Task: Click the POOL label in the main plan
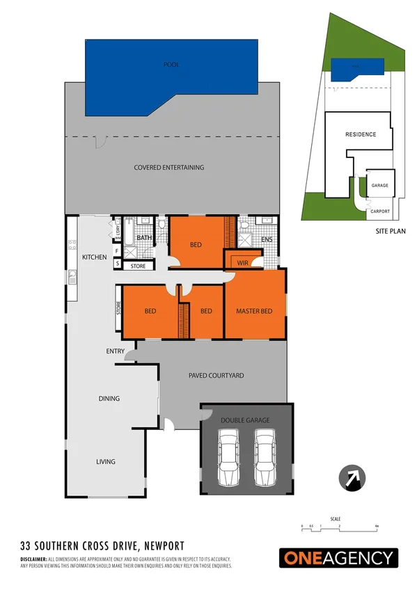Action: pos(171,65)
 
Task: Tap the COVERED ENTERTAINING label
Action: pos(169,167)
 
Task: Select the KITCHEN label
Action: pos(95,257)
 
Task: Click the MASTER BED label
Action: pos(254,311)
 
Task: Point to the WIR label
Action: pos(243,263)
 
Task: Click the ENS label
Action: pos(267,240)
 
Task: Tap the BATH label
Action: pos(145,239)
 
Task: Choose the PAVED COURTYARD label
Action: pos(216,376)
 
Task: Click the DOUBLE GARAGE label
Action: pos(244,420)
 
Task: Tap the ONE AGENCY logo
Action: pos(338,558)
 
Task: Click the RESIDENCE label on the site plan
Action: pos(361,134)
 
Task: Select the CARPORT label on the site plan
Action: pos(380,212)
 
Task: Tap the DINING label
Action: pos(109,399)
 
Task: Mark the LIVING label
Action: pos(105,461)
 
